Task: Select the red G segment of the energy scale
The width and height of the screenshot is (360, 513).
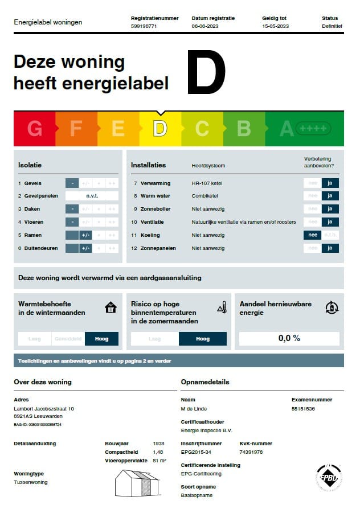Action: (35, 129)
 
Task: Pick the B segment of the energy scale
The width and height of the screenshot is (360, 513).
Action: (244, 129)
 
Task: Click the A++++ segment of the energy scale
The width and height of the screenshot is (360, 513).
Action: (305, 129)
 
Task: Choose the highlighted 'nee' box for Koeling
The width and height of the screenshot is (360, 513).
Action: (312, 235)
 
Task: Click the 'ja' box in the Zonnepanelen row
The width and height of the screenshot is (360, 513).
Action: (330, 248)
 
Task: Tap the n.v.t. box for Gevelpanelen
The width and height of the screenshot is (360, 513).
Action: (92, 196)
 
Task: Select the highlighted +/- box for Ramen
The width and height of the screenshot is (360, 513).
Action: (85, 235)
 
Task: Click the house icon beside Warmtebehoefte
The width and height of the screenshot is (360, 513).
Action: (111, 308)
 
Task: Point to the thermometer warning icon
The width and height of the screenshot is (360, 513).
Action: (222, 308)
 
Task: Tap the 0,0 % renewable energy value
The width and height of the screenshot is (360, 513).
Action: (289, 338)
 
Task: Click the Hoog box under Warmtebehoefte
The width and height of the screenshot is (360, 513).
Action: (101, 339)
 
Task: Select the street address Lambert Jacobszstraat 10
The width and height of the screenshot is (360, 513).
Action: (44, 409)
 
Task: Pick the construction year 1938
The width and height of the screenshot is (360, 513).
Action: (159, 444)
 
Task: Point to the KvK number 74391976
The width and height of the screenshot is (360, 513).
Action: (251, 452)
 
